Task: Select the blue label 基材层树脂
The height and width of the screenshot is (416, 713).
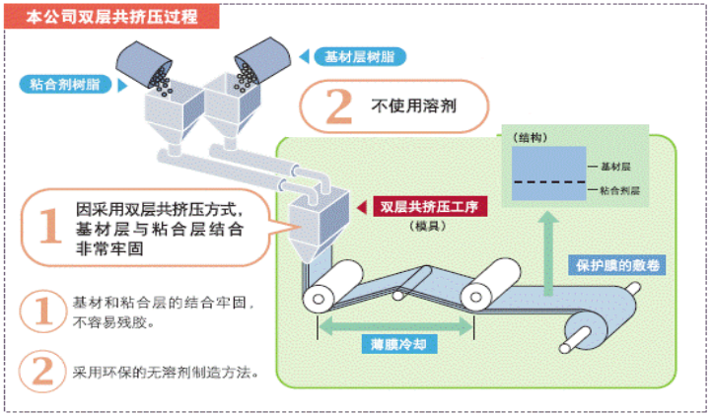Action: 354,56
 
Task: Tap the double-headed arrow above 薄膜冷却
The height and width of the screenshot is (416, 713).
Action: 392,323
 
